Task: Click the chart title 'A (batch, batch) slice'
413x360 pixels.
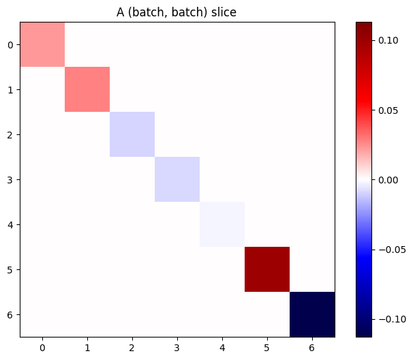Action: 177,12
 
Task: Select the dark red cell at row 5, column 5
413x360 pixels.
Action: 267,269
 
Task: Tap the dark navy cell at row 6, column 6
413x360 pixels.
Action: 312,314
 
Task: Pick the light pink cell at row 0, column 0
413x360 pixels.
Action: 42,45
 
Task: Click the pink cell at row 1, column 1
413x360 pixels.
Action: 87,89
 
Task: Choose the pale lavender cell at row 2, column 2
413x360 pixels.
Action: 132,134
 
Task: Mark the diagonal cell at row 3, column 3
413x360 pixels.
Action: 177,179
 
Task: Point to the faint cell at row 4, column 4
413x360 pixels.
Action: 222,224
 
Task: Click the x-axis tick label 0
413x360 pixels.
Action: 42,347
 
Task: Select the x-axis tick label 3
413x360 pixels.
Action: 177,347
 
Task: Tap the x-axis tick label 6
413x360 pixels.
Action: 312,347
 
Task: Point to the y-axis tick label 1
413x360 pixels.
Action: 10,90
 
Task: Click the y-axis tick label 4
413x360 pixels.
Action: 10,224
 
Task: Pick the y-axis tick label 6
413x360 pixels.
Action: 10,314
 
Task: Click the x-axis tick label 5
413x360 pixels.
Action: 267,347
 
